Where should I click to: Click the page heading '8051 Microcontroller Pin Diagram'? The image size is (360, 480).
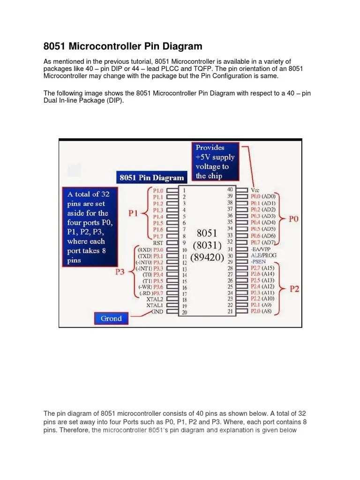(123, 46)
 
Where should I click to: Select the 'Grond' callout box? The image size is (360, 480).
(111, 318)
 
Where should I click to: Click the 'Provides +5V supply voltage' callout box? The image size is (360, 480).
(215, 162)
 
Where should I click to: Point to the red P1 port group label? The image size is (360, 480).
(134, 214)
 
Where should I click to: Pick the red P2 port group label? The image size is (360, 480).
(294, 289)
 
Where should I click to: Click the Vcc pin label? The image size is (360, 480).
(256, 190)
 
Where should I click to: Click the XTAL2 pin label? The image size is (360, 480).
(155, 299)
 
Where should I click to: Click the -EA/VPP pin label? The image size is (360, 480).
(262, 249)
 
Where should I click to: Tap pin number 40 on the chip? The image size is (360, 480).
(230, 189)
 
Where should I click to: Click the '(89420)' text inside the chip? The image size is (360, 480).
(207, 258)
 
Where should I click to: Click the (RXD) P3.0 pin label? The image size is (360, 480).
(150, 249)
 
